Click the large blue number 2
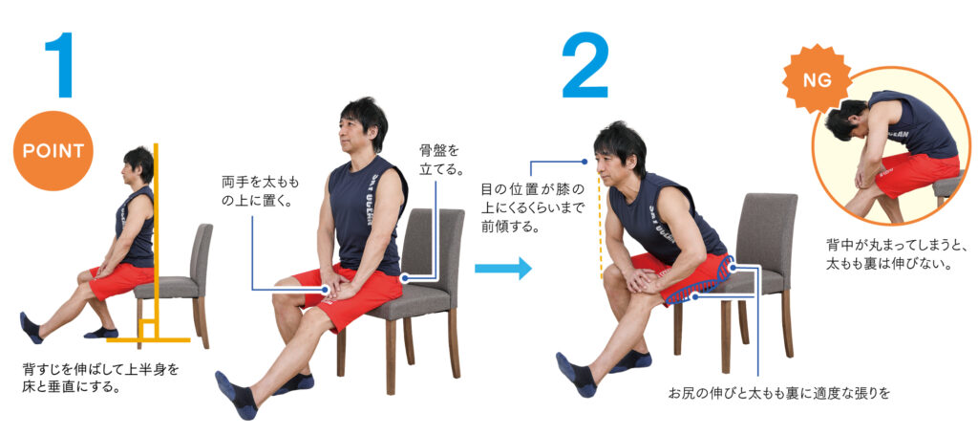click(x=585, y=65)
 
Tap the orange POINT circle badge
click(x=53, y=150)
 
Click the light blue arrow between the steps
click(x=502, y=269)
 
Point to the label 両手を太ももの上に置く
click(x=261, y=192)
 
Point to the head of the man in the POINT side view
click(x=138, y=166)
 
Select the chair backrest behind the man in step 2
click(x=766, y=232)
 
